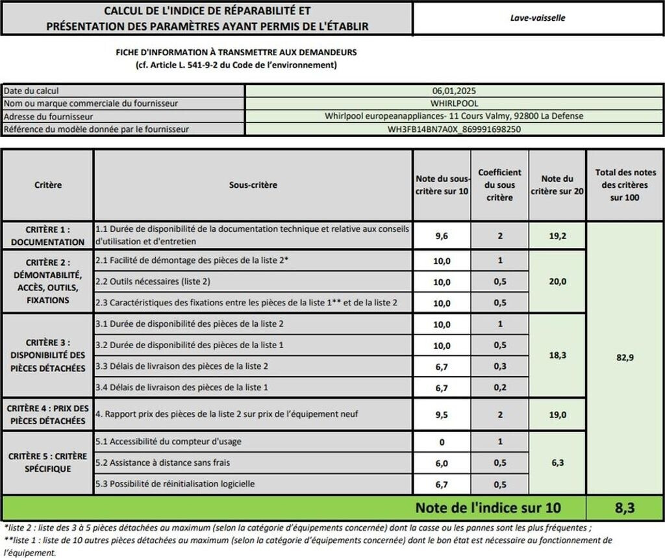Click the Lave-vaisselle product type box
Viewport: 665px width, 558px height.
pos(537,18)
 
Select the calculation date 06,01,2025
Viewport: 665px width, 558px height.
pos(454,91)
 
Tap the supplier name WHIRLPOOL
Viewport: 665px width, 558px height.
pos(454,103)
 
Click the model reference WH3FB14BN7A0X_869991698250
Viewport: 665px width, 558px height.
pos(454,129)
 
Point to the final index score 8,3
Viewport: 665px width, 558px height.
pos(624,508)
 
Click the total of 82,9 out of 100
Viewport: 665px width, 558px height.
pos(624,358)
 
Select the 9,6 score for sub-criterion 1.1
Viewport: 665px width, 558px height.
pos(442,236)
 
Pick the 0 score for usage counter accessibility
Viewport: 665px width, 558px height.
pos(442,442)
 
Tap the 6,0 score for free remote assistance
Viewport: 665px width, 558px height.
pos(442,463)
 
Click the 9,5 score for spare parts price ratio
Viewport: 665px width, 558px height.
pos(442,414)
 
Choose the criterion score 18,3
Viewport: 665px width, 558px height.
pos(557,355)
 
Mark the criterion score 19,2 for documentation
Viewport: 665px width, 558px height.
pos(557,236)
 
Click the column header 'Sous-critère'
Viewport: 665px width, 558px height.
pos(253,185)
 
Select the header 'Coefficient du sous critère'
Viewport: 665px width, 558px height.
pos(499,184)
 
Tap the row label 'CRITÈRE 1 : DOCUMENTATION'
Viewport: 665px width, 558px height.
pos(47,236)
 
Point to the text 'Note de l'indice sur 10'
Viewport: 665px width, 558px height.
pos(487,508)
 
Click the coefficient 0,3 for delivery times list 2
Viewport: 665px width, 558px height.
pos(499,366)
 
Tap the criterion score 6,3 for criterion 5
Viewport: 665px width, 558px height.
pos(557,463)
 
